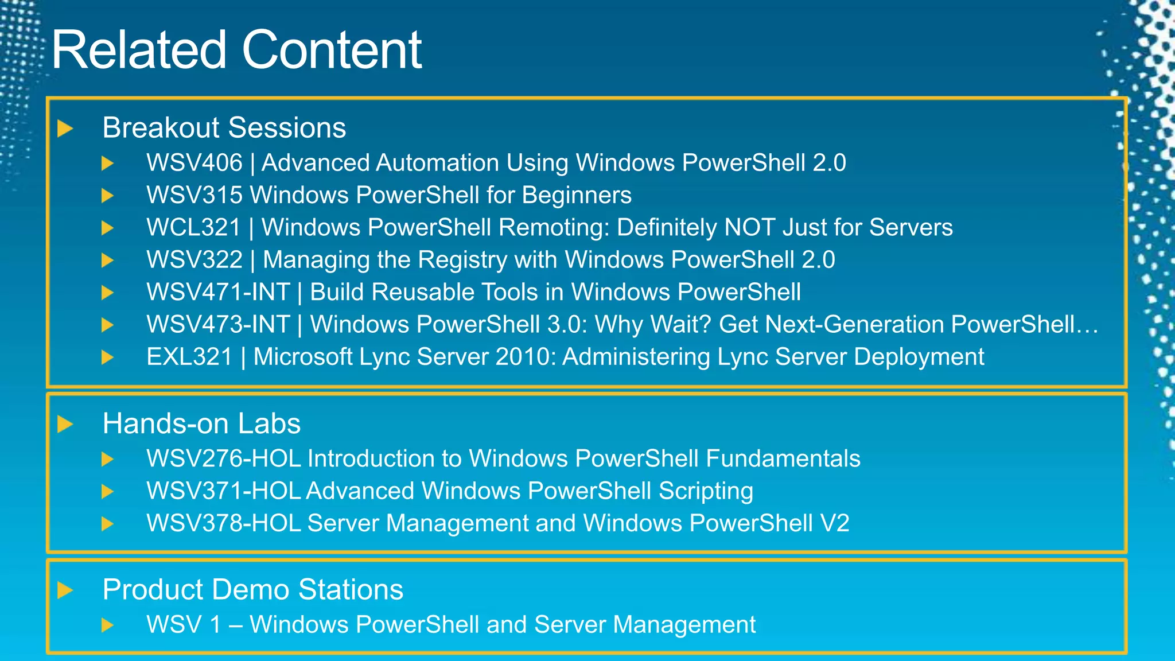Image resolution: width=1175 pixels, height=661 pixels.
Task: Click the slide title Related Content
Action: pos(236,50)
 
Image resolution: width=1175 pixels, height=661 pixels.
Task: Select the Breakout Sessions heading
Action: pos(224,127)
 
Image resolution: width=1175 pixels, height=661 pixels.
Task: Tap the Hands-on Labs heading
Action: pos(201,423)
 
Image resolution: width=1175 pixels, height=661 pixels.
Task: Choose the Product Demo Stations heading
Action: pos(252,589)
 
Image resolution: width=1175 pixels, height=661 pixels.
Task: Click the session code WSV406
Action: pos(194,163)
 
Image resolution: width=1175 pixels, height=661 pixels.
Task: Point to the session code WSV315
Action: pos(194,195)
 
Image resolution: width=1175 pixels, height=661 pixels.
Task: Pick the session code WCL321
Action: pos(193,228)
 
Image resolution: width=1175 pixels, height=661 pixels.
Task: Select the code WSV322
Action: pos(194,260)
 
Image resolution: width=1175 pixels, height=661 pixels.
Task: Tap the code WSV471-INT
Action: pos(218,292)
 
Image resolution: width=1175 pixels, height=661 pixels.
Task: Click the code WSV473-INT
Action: pos(218,325)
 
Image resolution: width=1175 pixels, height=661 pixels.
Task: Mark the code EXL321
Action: pos(189,357)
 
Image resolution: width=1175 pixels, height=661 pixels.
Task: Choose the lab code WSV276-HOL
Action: pos(224,458)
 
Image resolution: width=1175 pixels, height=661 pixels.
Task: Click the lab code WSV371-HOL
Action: pos(224,491)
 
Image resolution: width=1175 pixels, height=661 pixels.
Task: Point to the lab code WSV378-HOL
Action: pos(224,523)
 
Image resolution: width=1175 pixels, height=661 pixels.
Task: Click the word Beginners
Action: pos(577,196)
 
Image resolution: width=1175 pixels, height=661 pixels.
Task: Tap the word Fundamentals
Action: pos(783,458)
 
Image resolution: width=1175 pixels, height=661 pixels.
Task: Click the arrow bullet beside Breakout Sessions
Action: pos(65,129)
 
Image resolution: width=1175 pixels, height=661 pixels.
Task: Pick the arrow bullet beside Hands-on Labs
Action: pos(65,425)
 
